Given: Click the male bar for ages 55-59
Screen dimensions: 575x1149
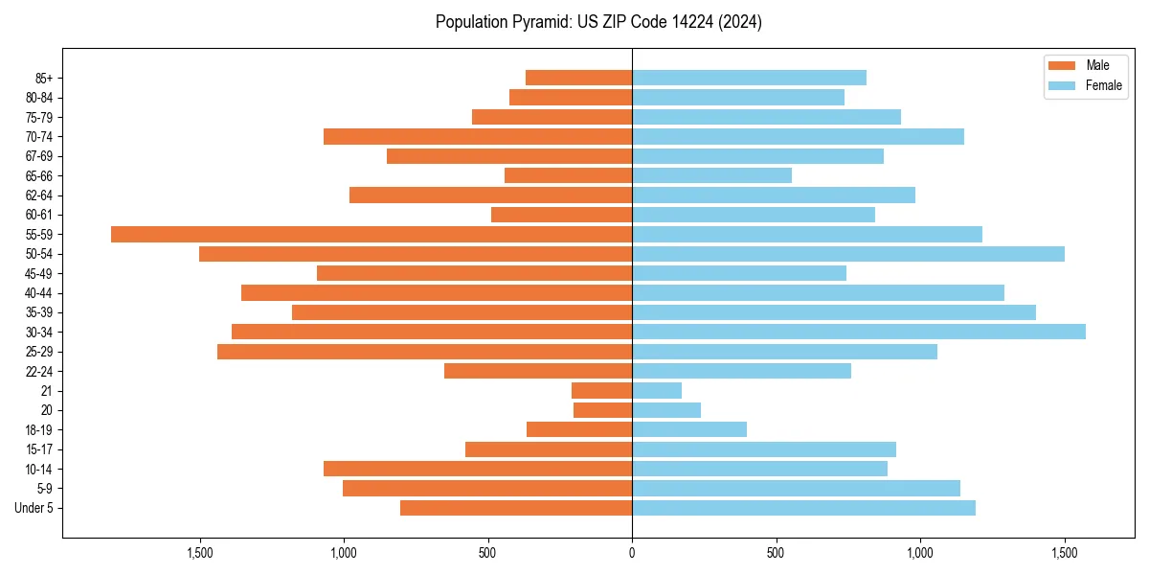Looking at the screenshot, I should [x=372, y=235].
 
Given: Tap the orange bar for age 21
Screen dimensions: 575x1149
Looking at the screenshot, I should [x=601, y=391].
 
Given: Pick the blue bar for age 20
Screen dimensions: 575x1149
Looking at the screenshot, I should [x=666, y=410].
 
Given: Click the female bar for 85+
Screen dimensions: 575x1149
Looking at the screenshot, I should [x=749, y=78].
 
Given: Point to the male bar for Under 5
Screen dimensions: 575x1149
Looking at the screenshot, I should [x=516, y=508].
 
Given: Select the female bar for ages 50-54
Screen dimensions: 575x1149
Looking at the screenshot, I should [x=848, y=254].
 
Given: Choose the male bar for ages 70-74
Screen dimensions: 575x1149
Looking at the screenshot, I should [x=478, y=137].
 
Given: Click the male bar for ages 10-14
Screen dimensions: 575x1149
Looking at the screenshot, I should [x=478, y=469].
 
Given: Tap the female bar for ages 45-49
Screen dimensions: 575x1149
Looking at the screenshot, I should [x=739, y=273].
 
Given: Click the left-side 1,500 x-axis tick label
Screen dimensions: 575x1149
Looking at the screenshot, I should [x=200, y=553].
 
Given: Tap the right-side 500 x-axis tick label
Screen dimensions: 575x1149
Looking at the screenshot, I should [x=776, y=553].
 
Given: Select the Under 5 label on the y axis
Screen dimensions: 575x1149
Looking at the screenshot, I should [x=34, y=508].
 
